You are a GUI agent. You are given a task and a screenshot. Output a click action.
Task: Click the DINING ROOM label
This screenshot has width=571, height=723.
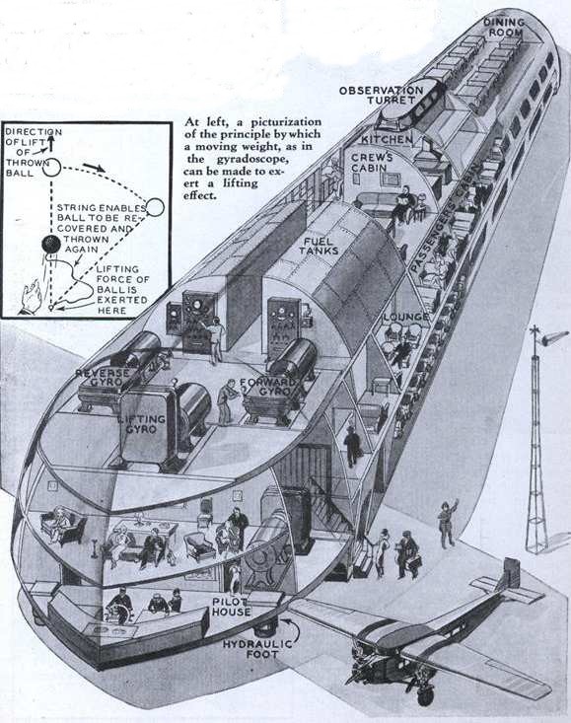[x=504, y=28]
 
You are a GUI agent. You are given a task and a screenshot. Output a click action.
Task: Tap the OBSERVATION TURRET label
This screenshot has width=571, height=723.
[x=381, y=95]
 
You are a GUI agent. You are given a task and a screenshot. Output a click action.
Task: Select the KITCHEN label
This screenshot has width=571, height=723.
[x=387, y=139]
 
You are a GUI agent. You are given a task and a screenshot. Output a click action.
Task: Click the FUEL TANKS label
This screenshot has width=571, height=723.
[x=319, y=247]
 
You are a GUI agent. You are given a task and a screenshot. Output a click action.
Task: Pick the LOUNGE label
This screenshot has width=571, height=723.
[x=406, y=317]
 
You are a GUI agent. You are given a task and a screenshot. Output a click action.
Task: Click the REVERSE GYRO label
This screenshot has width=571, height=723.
[x=103, y=377]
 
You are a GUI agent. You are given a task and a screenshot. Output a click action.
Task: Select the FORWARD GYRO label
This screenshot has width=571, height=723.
[x=268, y=387]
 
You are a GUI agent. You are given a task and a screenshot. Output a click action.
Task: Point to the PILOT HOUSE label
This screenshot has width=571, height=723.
[x=232, y=608]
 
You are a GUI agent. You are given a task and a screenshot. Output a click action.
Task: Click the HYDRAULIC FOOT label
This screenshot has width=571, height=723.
[x=257, y=649]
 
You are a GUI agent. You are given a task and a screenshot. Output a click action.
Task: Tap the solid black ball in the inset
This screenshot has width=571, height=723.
[x=50, y=244]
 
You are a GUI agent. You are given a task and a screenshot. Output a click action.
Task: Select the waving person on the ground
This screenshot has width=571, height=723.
[x=448, y=524]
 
